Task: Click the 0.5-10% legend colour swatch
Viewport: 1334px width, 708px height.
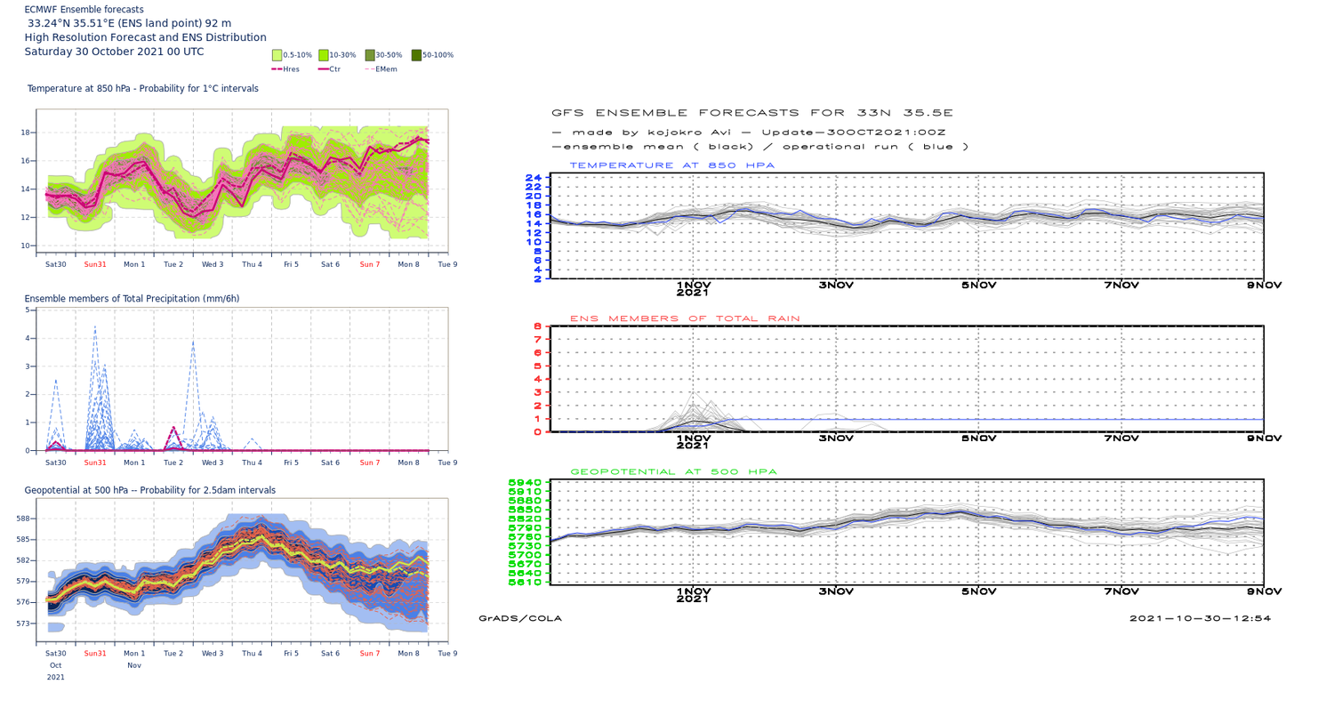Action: point(277,55)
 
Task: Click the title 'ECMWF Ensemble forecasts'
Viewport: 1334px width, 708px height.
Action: point(84,10)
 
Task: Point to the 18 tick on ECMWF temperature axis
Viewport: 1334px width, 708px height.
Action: point(26,133)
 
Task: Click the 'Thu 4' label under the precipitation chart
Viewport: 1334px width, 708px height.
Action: point(252,463)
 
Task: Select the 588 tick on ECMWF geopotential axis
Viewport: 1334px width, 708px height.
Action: point(23,519)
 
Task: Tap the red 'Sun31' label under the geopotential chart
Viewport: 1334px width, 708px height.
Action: point(95,653)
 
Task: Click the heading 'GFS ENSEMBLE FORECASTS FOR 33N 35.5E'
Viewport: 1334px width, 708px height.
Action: point(751,113)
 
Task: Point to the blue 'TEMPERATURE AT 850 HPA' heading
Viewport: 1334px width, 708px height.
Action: point(671,165)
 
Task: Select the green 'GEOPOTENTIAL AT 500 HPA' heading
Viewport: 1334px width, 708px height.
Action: point(673,471)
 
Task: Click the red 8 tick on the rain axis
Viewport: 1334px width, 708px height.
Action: point(537,326)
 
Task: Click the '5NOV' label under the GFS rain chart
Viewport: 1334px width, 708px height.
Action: point(978,438)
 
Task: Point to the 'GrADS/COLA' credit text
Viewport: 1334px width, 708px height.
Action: point(519,618)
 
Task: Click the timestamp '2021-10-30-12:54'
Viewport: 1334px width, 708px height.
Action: point(1200,618)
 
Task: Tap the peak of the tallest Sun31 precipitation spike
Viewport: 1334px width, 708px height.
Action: point(95,326)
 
